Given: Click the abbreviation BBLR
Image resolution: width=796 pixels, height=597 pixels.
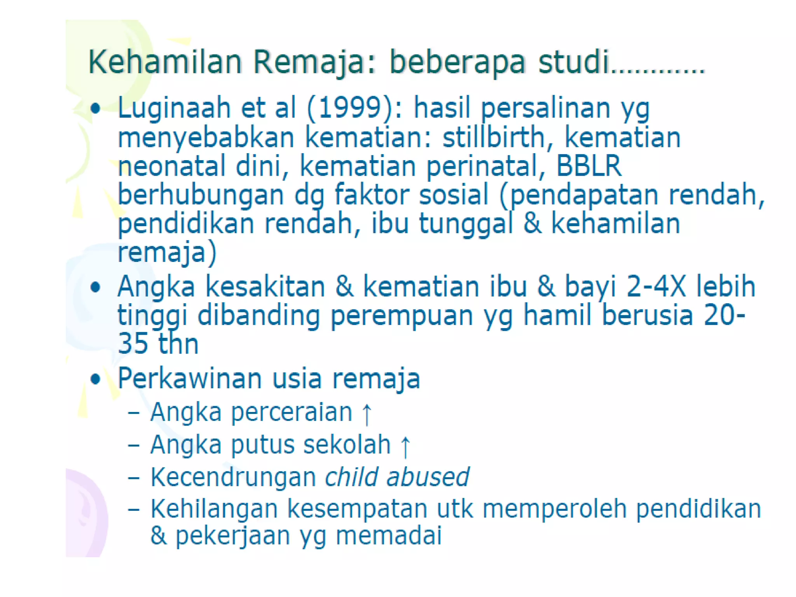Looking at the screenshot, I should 588,166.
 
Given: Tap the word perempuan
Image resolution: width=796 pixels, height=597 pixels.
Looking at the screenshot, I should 401,316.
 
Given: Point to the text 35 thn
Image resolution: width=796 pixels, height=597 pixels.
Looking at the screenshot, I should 158,344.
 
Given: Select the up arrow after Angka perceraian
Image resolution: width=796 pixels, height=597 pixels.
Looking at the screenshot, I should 367,414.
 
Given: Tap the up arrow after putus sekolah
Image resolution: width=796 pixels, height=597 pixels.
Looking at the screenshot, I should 405,447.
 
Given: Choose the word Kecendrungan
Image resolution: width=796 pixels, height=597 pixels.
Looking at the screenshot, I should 233,478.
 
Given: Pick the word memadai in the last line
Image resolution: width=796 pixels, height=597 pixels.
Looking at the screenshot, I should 389,536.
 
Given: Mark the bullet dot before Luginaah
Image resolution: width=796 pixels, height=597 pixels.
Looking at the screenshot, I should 95,108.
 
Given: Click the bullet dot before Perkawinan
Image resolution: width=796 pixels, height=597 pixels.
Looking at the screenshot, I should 95,379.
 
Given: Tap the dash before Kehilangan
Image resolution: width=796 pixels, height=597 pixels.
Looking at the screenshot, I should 133,509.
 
